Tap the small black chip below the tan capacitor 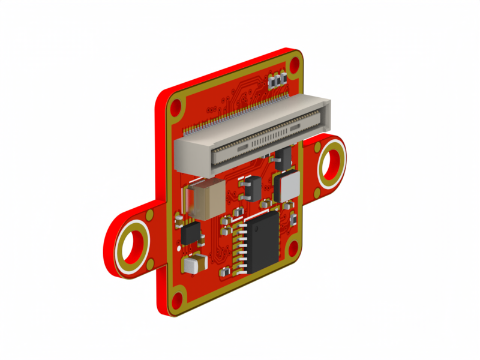coord(191,233)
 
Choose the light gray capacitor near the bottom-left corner coord(195,264)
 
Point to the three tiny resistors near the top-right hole coord(277,80)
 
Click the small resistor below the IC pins coord(226,272)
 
